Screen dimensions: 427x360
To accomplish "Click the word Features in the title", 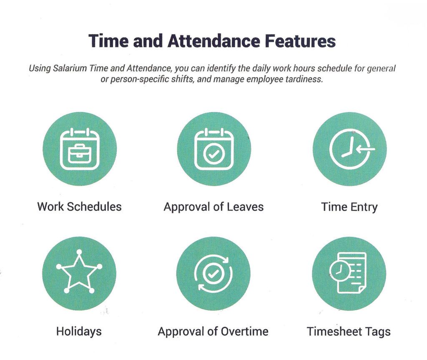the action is pyautogui.click(x=300, y=41).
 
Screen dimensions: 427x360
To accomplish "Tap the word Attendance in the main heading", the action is pyautogui.click(x=213, y=41).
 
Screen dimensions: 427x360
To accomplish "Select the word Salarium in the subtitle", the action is pyautogui.click(x=70, y=68).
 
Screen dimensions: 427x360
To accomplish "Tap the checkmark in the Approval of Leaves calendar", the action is pyautogui.click(x=214, y=154).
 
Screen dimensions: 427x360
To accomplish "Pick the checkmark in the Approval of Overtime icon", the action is pyautogui.click(x=213, y=273).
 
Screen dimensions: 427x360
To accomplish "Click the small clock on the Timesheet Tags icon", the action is pyautogui.click(x=339, y=271).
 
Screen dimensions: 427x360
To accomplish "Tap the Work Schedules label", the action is pyautogui.click(x=79, y=206).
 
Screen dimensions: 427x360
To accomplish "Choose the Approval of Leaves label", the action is pyautogui.click(x=213, y=207).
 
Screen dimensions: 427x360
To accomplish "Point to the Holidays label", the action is pyautogui.click(x=79, y=331).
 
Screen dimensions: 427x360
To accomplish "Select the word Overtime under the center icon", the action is pyautogui.click(x=244, y=331).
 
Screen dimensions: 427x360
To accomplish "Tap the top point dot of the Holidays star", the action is pyautogui.click(x=79, y=252).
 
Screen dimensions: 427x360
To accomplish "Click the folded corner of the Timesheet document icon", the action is pyautogui.click(x=362, y=290).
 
